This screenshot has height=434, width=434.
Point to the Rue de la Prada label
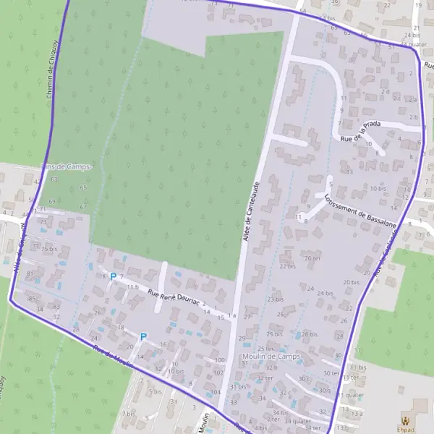[359, 130]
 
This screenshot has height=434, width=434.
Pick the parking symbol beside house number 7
[113, 276]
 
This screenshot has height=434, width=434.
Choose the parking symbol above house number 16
[143, 336]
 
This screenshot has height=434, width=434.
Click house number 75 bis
[48, 249]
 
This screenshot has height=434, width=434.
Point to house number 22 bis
[287, 266]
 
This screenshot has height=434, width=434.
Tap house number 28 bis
[309, 334]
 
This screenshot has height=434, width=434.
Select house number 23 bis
[275, 299]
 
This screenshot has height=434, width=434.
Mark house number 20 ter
[312, 258]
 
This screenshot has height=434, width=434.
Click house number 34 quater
[297, 421]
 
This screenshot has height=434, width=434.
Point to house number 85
[31, 298]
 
